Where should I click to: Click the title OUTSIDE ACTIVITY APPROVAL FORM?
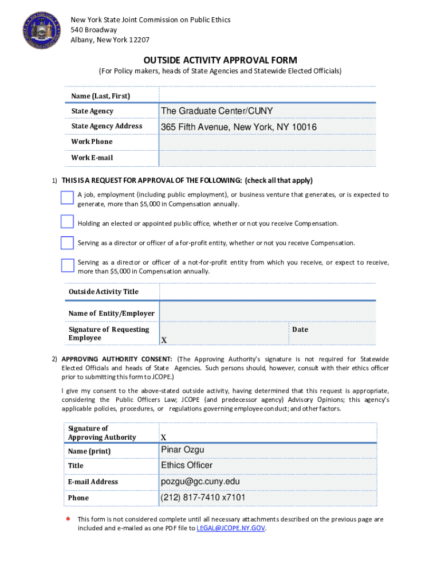point(220,60)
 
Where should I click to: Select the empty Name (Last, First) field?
point(267,95)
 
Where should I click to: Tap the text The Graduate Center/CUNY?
point(217,111)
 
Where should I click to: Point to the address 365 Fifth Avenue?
point(239,127)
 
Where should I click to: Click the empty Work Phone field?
point(267,142)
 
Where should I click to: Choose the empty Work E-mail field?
point(267,158)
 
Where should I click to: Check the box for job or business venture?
point(67,197)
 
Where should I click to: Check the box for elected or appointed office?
point(67,222)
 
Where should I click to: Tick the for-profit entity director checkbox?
point(67,242)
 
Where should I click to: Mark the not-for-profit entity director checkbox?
point(67,265)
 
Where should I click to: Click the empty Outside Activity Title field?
point(267,292)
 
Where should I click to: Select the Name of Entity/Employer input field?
point(267,312)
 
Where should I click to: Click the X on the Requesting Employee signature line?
point(164,340)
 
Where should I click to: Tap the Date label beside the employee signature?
point(300,330)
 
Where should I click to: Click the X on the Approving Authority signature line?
point(164,437)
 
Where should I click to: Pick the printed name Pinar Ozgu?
point(182,450)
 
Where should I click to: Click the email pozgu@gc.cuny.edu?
point(200,482)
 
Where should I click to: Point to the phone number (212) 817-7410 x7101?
point(203,498)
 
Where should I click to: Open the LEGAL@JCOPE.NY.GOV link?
point(231,528)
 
